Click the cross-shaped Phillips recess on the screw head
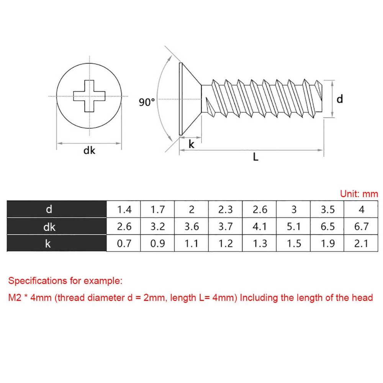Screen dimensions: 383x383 pos(89,96)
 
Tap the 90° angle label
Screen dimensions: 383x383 pos(147,102)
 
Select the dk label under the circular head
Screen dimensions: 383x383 pos(89,151)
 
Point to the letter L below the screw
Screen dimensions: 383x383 pos(255,157)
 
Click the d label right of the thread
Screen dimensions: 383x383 pos(339,99)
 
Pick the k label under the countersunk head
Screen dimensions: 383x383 pos(191,144)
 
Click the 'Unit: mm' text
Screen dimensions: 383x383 pos(359,194)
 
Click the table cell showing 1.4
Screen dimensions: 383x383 pos(124,210)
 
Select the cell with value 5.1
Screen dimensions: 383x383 pos(293,226)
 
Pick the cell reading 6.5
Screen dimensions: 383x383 pos(327,226)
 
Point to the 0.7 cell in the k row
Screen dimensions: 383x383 pos(124,243)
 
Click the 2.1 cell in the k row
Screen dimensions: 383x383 pos(361,243)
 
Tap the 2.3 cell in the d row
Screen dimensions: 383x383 pos(225,210)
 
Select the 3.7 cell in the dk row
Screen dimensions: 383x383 pos(225,226)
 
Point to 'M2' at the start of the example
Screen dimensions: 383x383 pos(15,298)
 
